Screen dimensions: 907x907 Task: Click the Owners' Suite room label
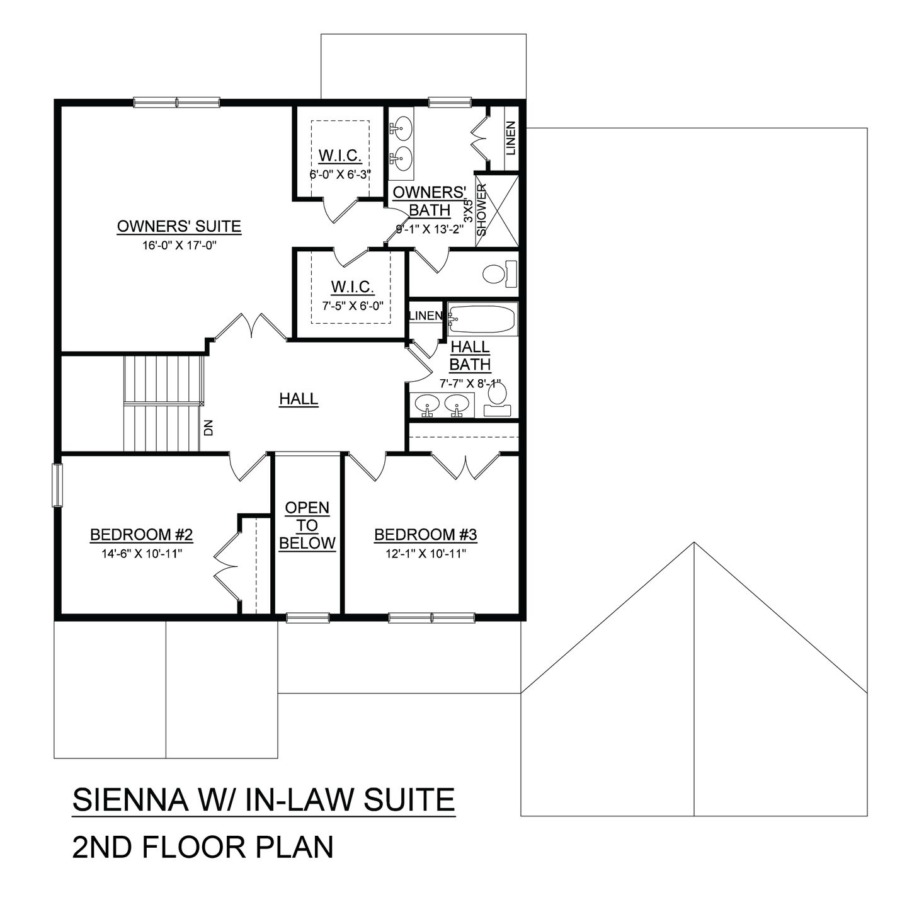[179, 226]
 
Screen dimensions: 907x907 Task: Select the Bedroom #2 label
[141, 535]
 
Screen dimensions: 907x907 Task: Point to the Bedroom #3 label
[426, 535]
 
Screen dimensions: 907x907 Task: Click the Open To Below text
[307, 525]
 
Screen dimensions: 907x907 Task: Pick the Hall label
[299, 399]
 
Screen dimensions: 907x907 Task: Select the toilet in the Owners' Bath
[498, 274]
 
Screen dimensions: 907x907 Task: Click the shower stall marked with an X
[503, 210]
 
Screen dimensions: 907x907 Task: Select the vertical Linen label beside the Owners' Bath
[510, 139]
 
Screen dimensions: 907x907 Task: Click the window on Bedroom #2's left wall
[57, 484]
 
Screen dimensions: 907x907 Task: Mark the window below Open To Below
[307, 617]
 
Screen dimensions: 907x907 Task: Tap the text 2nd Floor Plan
[203, 847]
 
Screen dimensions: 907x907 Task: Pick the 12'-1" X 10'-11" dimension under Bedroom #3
[426, 554]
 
